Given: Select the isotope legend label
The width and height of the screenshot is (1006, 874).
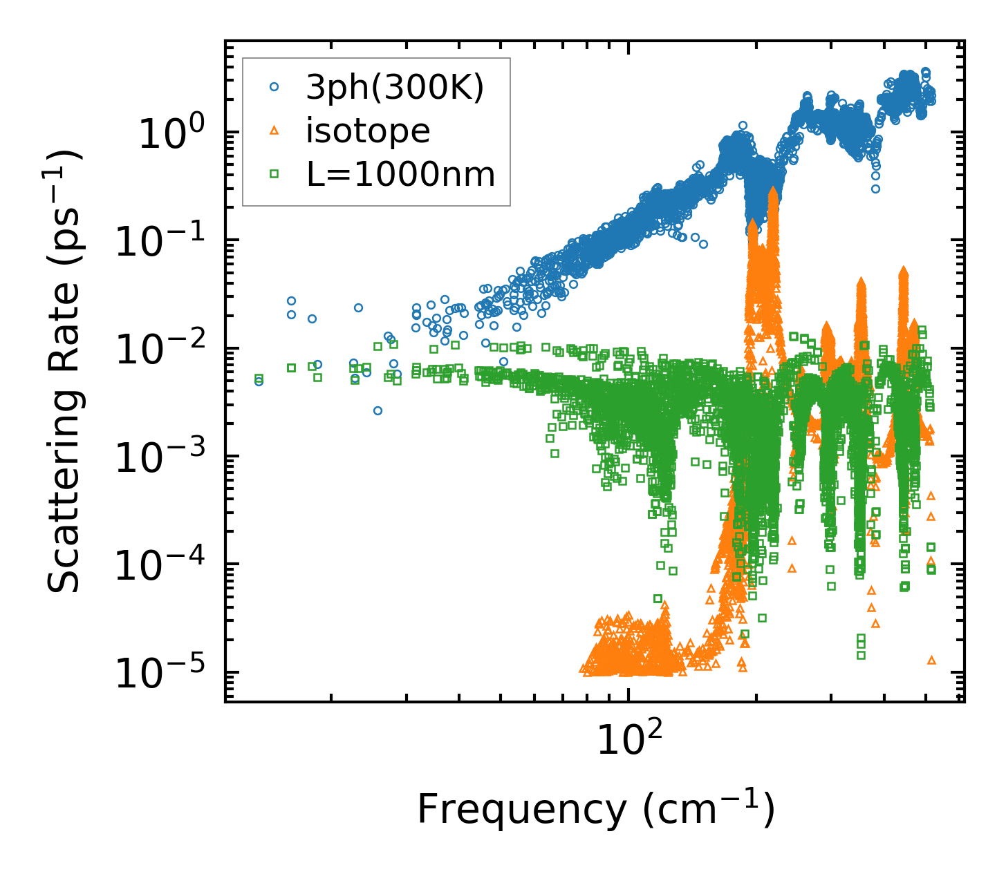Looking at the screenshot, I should tap(368, 131).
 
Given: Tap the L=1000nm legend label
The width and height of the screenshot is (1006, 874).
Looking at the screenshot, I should tap(401, 175).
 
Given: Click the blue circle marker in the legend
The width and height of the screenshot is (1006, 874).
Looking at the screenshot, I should tap(274, 87).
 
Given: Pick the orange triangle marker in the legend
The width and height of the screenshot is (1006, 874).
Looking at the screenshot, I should tap(274, 131).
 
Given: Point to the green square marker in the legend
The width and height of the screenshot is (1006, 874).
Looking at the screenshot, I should tap(274, 175).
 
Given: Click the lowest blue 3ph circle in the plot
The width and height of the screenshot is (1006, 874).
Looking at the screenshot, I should tap(378, 410).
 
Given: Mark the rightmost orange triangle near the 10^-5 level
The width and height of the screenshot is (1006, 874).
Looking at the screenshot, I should tap(931, 660).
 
